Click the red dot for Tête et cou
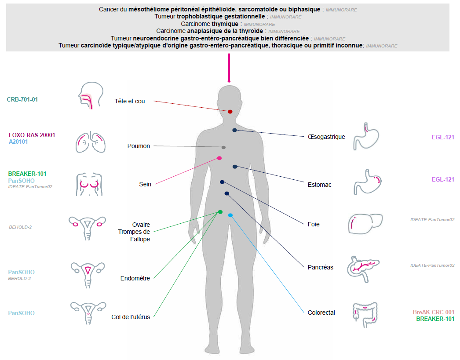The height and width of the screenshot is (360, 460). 230,112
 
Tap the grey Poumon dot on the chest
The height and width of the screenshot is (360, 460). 224,147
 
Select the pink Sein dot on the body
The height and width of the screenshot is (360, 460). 219,158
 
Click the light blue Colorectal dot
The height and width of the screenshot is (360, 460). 230,215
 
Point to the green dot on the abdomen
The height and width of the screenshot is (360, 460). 220,212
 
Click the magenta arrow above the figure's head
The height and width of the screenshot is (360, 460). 229,68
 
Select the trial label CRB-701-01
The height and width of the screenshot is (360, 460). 22,100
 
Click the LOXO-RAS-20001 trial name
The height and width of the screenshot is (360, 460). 32,135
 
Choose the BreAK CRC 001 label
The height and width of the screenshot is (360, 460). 434,312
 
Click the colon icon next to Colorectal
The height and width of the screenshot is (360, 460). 365,313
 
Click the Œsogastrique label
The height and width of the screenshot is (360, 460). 326,137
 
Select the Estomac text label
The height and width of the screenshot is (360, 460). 320,185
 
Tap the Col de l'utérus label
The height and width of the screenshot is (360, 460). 131,317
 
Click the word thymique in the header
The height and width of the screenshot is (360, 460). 225,24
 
